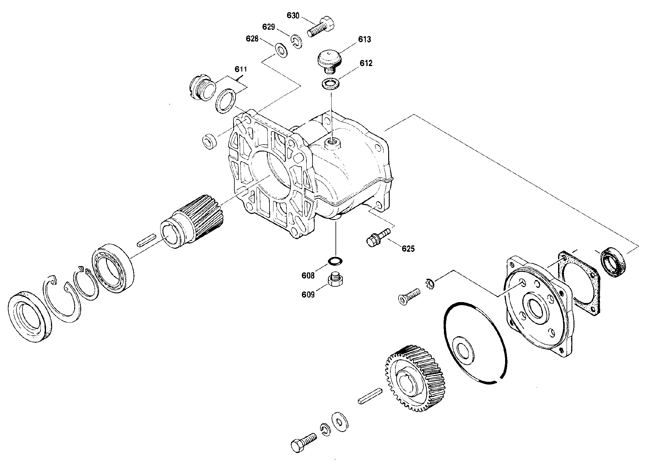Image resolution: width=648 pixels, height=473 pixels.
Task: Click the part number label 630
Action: point(293,15)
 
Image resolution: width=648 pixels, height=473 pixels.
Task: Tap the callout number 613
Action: point(364,39)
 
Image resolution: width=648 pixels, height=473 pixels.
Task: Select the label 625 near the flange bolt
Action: point(408,249)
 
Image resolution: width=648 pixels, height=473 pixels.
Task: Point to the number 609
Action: point(308,295)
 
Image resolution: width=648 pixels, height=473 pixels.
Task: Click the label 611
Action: point(241,69)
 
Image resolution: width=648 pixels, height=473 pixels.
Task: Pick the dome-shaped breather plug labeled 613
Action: point(329,62)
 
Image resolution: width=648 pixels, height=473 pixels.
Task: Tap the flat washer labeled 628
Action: point(281,50)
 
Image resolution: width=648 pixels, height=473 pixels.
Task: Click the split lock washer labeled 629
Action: point(297,42)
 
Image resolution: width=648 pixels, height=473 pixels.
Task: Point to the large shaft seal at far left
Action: point(30,316)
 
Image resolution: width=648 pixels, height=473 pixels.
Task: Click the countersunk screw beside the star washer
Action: point(409,296)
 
